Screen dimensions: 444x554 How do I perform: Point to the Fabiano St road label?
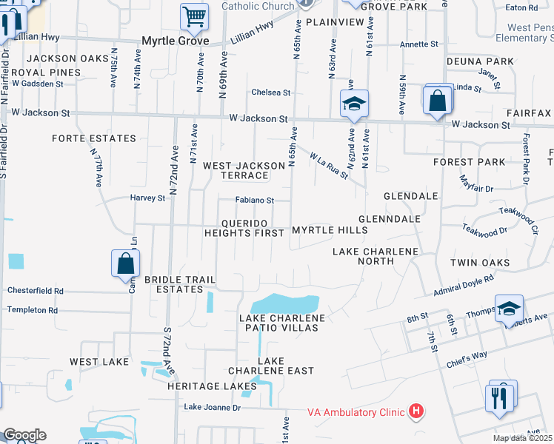tap(255, 200)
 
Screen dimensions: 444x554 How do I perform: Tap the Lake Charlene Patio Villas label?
tap(282, 323)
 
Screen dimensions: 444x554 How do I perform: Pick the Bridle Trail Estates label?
tap(180, 285)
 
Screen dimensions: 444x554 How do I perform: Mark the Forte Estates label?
tap(94, 138)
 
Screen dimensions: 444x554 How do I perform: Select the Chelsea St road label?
tap(271, 92)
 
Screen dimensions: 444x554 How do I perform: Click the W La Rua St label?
tap(329, 166)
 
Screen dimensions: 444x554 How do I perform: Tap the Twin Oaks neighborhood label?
tap(480, 263)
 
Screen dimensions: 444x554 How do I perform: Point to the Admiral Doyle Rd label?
tap(464, 285)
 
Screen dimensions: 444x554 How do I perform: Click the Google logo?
tap(24, 435)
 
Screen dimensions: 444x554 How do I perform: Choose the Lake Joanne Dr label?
tap(213, 407)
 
